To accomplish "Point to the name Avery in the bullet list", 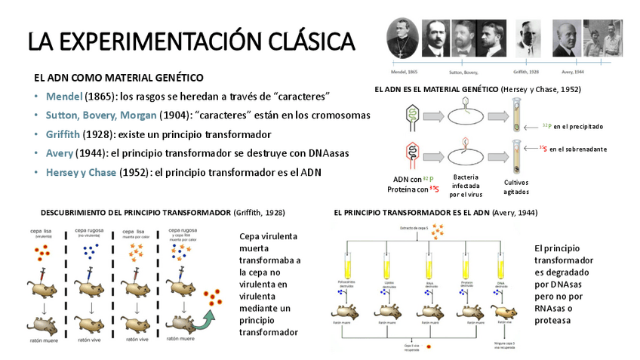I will [x=59, y=152].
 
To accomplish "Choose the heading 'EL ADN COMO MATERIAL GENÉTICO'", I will [x=118, y=78].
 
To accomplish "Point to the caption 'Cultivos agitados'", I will [x=517, y=186].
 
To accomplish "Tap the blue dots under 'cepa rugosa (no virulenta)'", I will [x=91, y=250].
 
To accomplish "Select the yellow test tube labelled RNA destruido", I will [x=425, y=265].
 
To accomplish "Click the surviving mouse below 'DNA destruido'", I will [x=500, y=311].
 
